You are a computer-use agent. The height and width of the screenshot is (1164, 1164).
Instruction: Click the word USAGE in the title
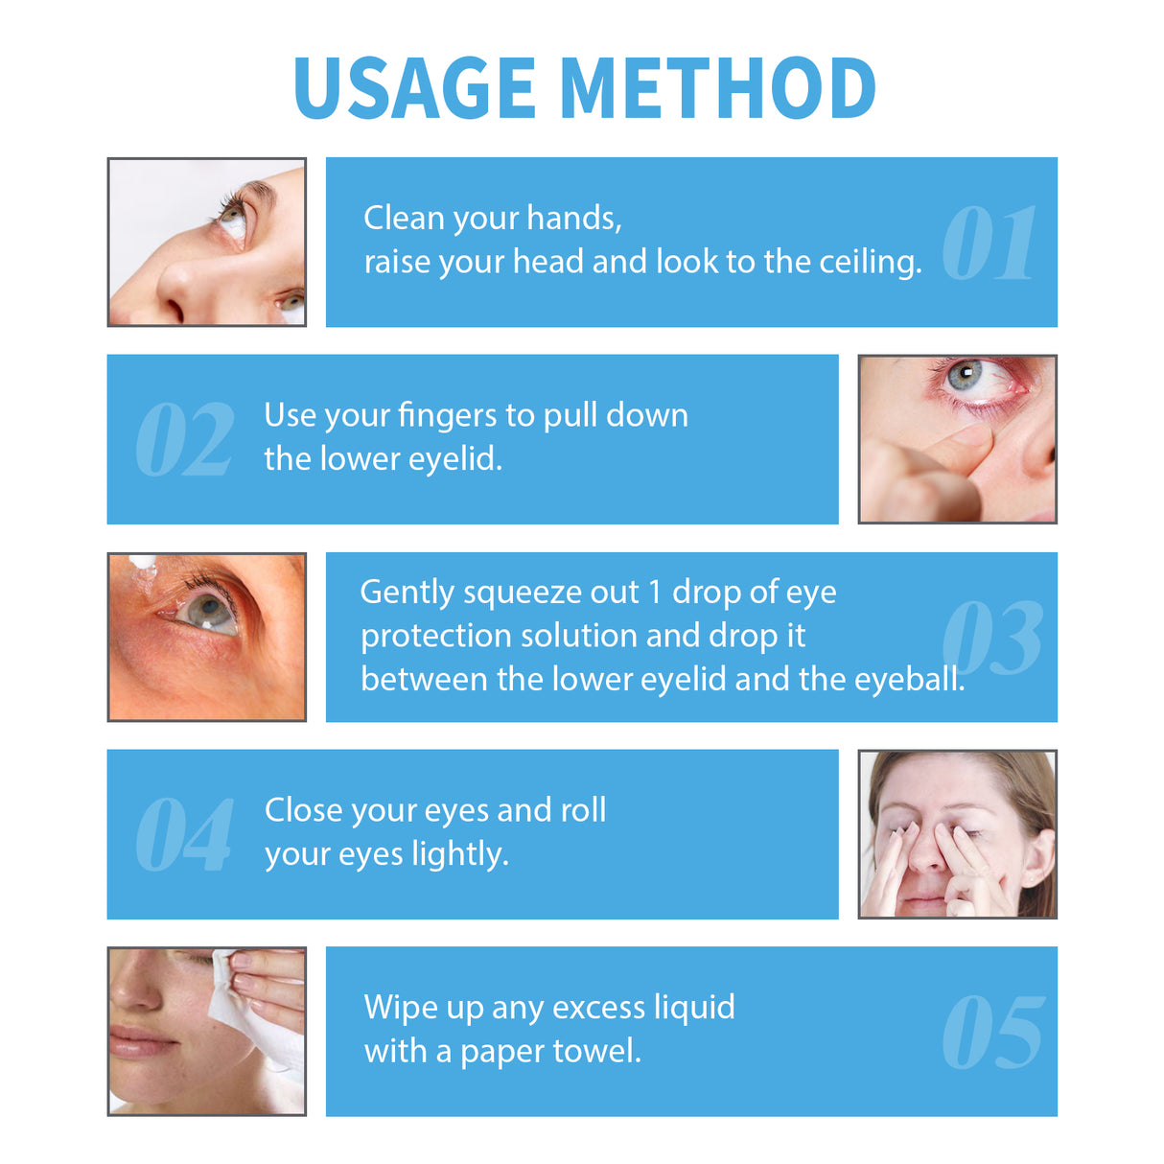click(x=413, y=88)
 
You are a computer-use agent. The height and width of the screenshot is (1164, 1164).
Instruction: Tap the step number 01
click(x=989, y=244)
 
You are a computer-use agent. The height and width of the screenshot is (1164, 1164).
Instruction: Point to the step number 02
click(x=184, y=440)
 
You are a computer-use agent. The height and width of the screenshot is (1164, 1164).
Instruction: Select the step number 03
click(x=991, y=639)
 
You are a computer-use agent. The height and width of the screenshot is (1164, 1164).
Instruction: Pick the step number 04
click(x=184, y=835)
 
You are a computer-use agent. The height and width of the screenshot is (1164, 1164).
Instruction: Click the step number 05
click(x=992, y=1033)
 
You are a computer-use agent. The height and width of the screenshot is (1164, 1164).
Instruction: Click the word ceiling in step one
click(x=870, y=262)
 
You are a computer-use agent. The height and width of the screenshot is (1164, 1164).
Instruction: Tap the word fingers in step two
click(x=448, y=416)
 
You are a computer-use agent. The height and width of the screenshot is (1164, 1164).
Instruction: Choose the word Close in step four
click(x=303, y=810)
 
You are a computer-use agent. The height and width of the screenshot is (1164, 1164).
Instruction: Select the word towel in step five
click(x=598, y=1052)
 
